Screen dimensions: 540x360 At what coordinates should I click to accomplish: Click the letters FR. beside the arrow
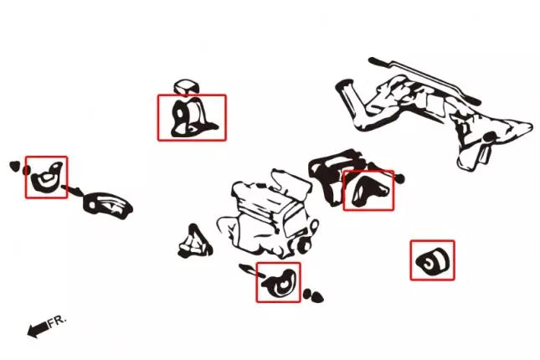[x=57, y=321]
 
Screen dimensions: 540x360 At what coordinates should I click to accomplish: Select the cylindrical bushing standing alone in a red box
[x=433, y=261]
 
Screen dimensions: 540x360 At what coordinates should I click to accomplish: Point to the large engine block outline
[x=269, y=214]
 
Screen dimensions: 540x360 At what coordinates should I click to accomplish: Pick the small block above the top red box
[x=187, y=87]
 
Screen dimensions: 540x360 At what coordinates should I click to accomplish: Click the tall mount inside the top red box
[x=193, y=118]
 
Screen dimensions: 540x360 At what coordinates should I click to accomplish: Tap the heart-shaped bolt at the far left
[x=14, y=166]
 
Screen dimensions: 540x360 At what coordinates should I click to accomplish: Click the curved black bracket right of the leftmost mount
[x=107, y=206]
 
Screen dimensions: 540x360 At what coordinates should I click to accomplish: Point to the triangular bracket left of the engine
[x=194, y=242]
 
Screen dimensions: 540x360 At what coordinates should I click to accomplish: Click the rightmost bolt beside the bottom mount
[x=318, y=297]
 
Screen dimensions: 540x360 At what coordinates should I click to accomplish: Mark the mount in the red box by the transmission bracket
[x=369, y=191]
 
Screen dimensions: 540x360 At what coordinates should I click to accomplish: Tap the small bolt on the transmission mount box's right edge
[x=399, y=178]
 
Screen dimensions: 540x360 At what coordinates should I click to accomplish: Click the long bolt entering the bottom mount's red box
[x=252, y=270]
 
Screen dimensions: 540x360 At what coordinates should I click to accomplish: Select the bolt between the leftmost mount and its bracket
[x=72, y=189]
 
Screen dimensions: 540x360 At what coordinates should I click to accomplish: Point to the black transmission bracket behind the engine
[x=337, y=176]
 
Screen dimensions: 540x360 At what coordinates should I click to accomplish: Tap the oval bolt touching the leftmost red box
[x=26, y=170]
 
